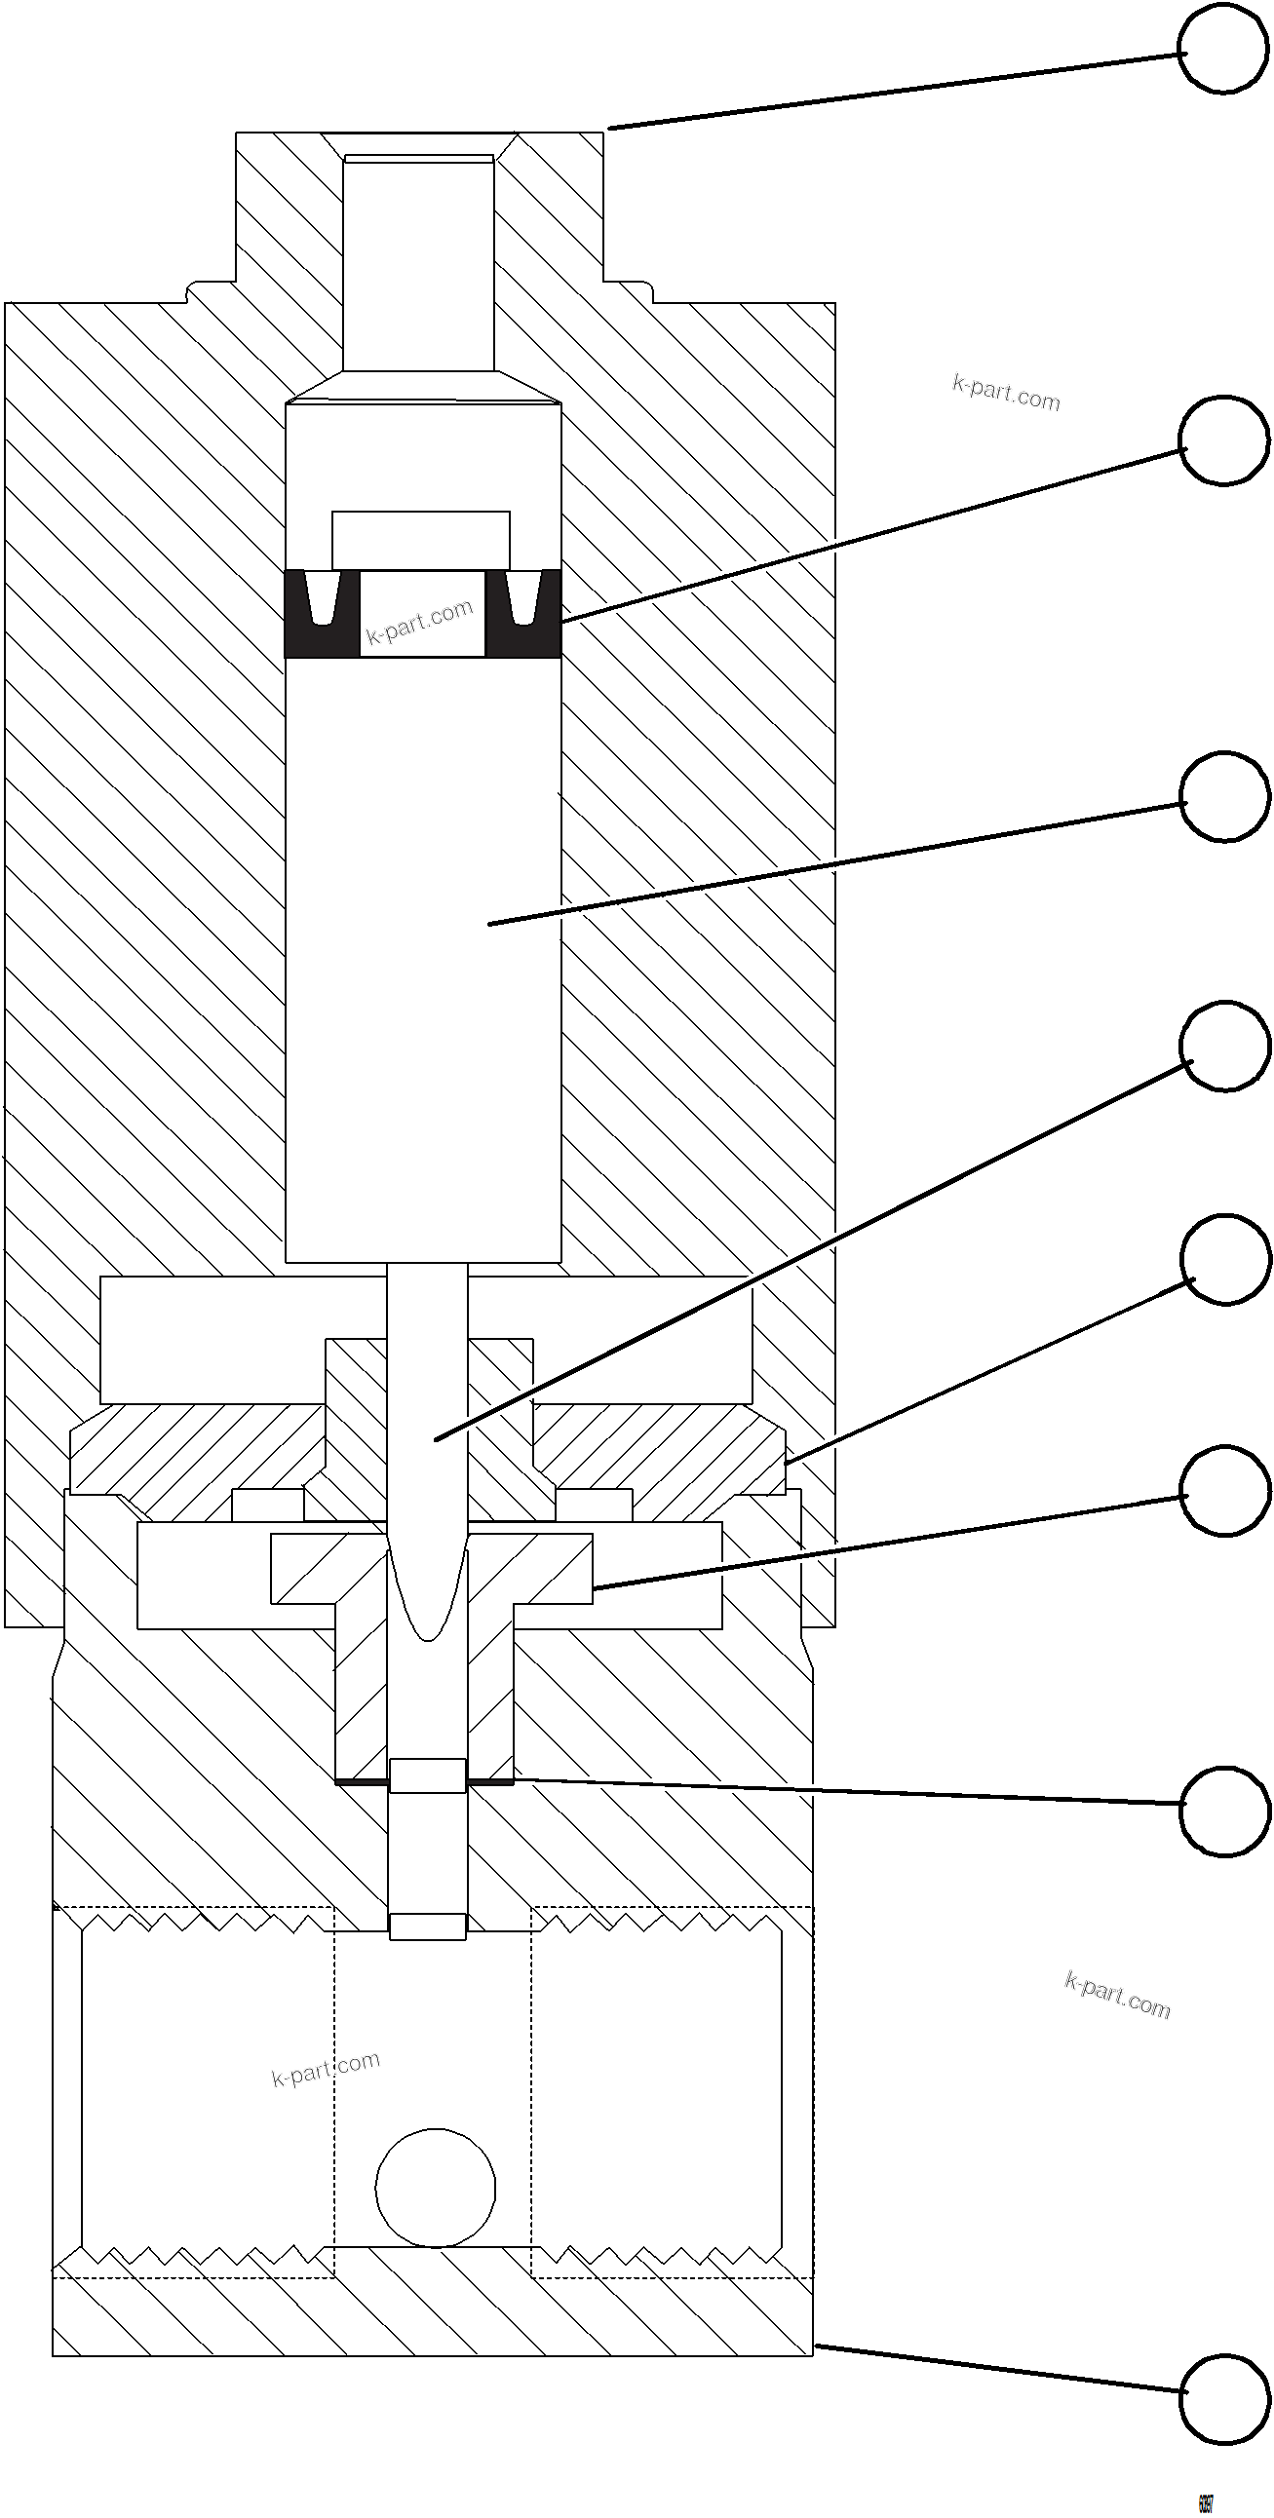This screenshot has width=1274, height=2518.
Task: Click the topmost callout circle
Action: (x=1222, y=50)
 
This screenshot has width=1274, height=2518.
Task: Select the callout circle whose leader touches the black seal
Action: (x=1224, y=439)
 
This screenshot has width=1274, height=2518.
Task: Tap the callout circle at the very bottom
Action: (x=1224, y=2399)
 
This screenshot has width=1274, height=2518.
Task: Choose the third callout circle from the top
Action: (x=1224, y=797)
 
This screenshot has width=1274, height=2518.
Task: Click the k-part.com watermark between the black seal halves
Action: (x=419, y=622)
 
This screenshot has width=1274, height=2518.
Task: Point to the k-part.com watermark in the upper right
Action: (x=1006, y=392)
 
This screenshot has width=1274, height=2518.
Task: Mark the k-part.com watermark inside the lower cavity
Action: (x=326, y=2069)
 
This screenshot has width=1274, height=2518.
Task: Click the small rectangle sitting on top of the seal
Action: (x=420, y=540)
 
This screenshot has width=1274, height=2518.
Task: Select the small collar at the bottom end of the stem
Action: (x=427, y=1927)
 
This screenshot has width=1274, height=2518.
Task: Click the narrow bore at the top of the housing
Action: (x=418, y=264)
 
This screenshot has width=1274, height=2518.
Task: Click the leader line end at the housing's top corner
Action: (x=610, y=127)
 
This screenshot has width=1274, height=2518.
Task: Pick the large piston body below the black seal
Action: (x=422, y=958)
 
